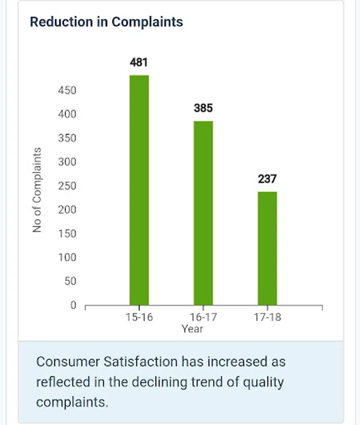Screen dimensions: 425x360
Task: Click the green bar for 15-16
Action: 139,190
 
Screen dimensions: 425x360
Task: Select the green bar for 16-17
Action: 203,212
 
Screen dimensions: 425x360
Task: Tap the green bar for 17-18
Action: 267,248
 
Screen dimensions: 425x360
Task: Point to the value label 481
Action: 139,62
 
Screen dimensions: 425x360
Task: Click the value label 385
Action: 203,108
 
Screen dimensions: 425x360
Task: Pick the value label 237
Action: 267,179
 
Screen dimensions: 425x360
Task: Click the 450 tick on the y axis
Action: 67,90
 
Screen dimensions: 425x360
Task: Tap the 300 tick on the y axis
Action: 67,162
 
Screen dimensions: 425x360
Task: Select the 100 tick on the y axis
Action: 67,257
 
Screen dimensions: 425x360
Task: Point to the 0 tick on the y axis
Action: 73,305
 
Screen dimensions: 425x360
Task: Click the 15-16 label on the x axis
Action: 139,317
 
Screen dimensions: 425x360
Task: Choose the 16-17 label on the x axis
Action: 203,317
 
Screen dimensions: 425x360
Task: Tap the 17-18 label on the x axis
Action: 267,317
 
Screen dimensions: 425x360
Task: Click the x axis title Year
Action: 193,329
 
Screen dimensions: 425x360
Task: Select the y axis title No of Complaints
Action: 37,190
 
